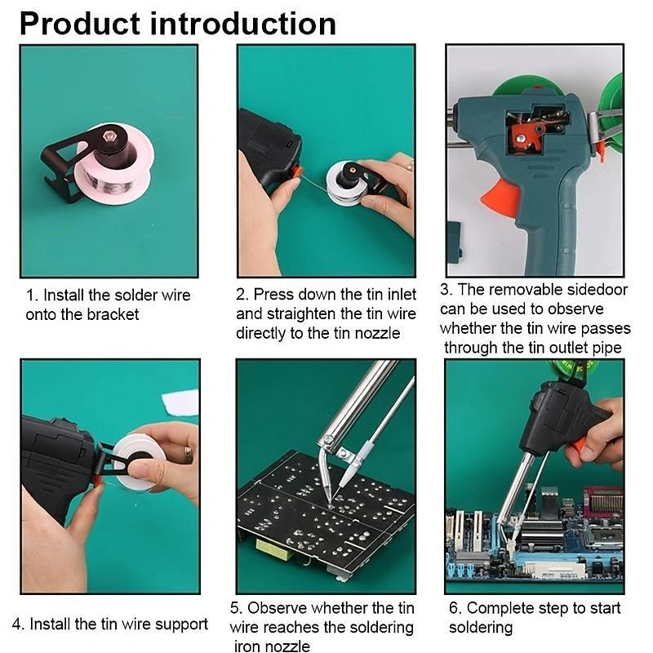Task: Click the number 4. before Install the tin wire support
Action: point(19,624)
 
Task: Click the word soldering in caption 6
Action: point(481,628)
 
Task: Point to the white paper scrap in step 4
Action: point(181,403)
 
